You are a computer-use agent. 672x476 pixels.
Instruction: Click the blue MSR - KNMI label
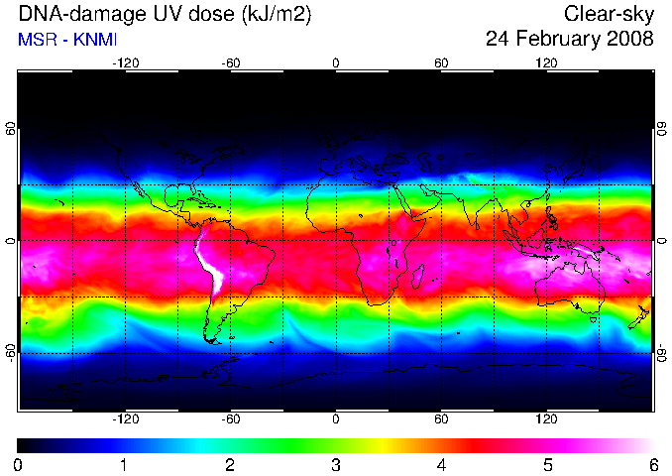tap(67, 40)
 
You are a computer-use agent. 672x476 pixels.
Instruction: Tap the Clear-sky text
tap(609, 15)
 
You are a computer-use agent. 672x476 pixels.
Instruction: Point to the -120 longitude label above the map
tap(126, 63)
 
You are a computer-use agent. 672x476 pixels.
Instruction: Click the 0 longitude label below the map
tap(336, 418)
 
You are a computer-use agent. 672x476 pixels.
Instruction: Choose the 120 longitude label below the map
tap(546, 418)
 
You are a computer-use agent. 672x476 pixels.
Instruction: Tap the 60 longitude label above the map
tap(441, 63)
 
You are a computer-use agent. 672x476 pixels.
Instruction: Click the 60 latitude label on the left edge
tap(10, 129)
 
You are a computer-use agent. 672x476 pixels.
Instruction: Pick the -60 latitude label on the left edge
tap(10, 353)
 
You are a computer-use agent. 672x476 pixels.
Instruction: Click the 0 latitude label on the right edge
tap(662, 241)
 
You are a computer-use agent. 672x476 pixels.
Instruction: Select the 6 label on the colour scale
tap(653, 465)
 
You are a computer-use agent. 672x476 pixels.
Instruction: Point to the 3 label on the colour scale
tap(336, 465)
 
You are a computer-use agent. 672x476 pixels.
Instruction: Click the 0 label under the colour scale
tap(18, 465)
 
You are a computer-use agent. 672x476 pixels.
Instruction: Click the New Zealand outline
tap(639, 317)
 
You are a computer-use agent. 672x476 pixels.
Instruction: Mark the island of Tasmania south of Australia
tap(594, 320)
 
